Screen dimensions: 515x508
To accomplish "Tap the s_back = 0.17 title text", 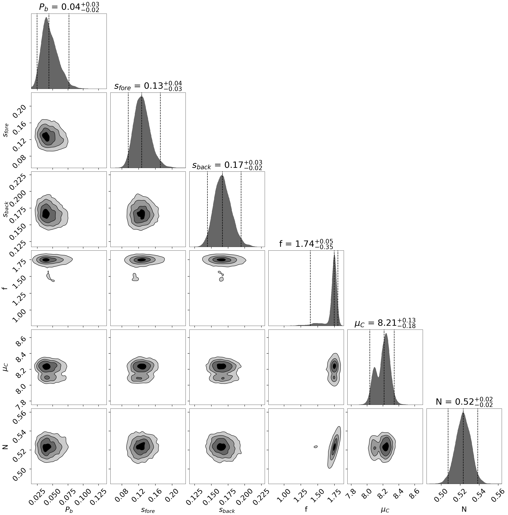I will click(x=227, y=165).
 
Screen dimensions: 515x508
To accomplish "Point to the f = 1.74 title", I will click(x=306, y=244).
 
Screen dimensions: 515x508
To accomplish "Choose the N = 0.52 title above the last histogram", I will click(x=464, y=402).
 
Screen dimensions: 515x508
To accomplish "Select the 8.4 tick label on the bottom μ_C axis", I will click(x=398, y=495).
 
